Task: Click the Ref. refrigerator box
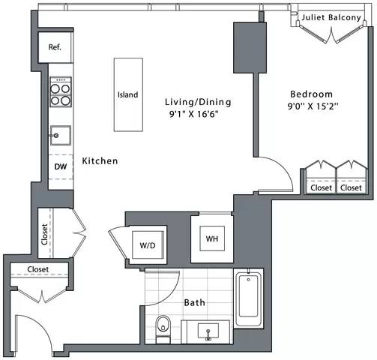click(x=55, y=47)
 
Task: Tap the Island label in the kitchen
click(x=127, y=95)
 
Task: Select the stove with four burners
click(x=59, y=93)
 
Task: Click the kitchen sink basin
click(x=60, y=136)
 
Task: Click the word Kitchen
click(x=100, y=160)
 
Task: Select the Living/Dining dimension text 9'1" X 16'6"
click(x=199, y=115)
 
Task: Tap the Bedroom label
click(x=311, y=94)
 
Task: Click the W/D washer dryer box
click(x=148, y=244)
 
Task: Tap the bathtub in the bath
click(x=249, y=300)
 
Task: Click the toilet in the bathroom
click(x=163, y=326)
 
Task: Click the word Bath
click(x=195, y=303)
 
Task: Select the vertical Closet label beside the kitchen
click(x=44, y=235)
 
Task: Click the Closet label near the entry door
click(x=38, y=269)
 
